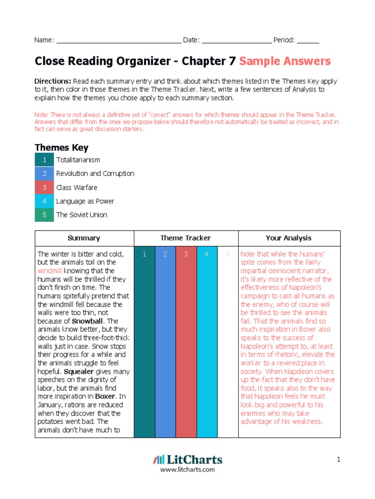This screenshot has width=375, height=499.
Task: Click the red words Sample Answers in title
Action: pos(285,61)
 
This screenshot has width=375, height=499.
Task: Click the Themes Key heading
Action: pos(61,147)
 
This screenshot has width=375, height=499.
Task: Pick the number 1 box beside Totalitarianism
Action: pos(44,160)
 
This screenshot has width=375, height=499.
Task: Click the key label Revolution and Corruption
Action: pos(95,173)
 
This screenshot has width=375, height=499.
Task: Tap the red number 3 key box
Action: pos(44,188)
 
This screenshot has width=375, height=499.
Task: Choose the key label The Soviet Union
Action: pos(82,215)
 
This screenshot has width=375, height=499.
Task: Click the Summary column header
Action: pos(84,238)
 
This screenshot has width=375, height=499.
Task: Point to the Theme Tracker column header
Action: pos(186,238)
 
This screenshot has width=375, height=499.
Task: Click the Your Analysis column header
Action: pos(289,238)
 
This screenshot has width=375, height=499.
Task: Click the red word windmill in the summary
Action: pos(50,270)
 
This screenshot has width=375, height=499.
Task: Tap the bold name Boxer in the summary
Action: pos(108,396)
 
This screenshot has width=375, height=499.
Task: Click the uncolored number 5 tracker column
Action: pos(227,341)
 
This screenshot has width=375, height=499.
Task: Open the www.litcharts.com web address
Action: pos(187,470)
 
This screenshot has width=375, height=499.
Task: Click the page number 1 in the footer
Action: pos(337,459)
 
